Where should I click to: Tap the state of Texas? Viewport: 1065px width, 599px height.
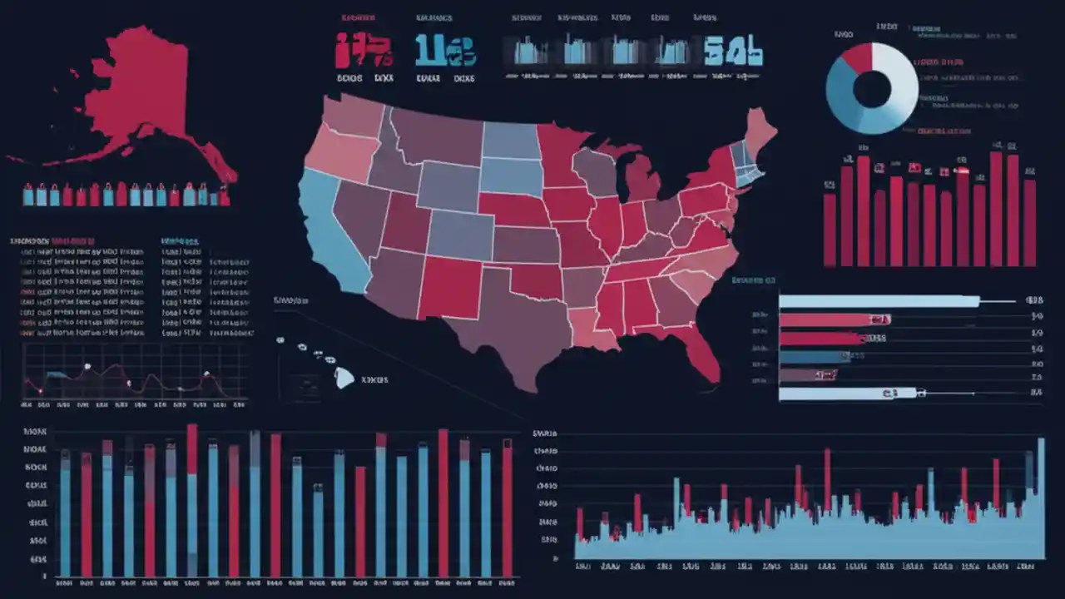499,333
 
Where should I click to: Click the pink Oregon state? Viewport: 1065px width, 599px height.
341,154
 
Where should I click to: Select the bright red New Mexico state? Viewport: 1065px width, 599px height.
449,287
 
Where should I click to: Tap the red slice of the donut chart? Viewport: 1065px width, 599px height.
858,58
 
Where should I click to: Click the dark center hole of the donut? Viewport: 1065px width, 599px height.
872,89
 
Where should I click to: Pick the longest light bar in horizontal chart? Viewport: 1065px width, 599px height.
878,301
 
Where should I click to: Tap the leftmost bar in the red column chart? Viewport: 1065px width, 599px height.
830,229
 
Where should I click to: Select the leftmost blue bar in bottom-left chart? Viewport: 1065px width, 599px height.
65,516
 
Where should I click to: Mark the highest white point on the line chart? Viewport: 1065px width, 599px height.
87,366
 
